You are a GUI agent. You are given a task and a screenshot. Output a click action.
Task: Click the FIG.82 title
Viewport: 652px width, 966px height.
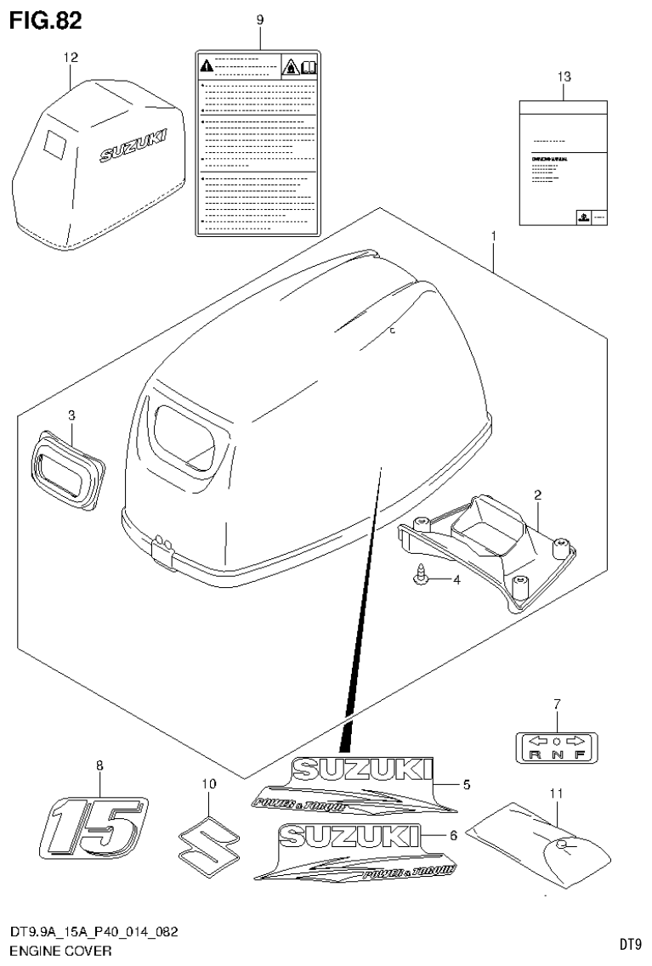tap(46, 20)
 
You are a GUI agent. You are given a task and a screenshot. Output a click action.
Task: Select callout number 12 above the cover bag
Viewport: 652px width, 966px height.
tap(71, 58)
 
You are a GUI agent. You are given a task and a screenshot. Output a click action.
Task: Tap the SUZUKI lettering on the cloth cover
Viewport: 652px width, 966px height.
tap(134, 144)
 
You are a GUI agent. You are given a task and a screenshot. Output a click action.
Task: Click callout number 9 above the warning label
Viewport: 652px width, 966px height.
tap(260, 20)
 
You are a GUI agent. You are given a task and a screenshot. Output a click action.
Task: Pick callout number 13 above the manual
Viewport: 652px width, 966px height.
tap(564, 77)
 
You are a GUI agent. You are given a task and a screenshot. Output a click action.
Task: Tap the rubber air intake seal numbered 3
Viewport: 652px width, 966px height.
tap(68, 465)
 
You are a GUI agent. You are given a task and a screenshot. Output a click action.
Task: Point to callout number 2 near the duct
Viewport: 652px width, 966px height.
tap(538, 494)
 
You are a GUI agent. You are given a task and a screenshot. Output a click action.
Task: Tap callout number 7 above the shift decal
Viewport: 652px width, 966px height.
tap(557, 703)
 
